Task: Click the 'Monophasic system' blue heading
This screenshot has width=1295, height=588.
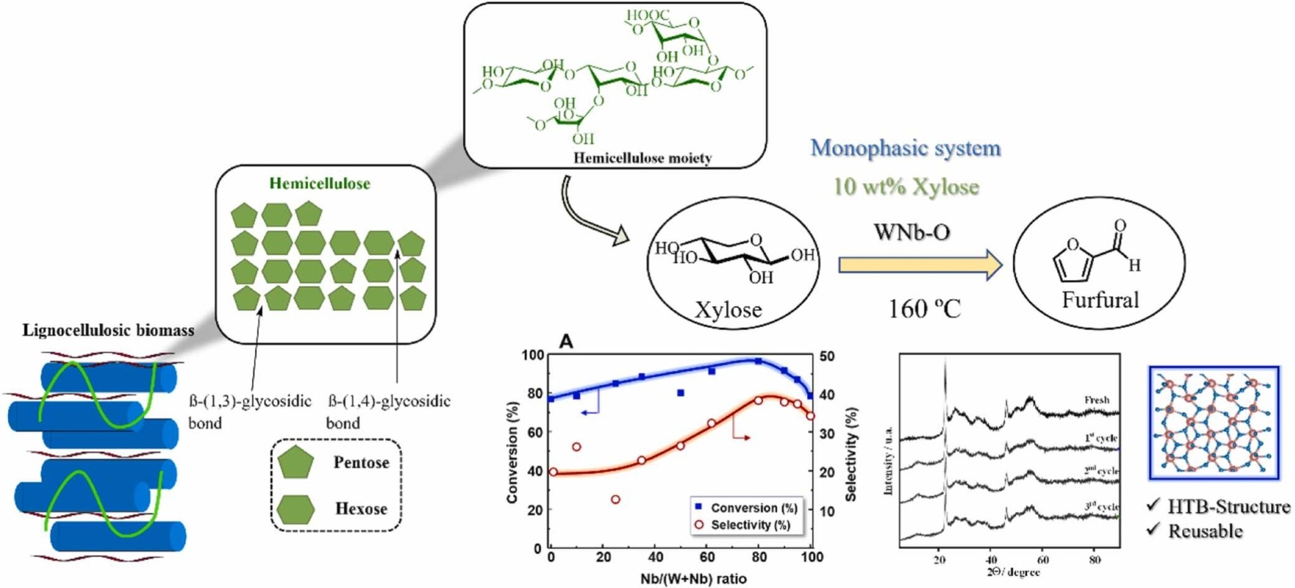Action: click(905, 147)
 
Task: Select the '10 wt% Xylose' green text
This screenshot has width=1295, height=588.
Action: click(905, 186)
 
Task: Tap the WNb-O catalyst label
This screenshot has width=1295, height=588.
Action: click(912, 232)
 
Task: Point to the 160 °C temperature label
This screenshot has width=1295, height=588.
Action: click(925, 308)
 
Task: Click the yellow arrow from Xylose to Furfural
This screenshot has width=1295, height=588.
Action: click(920, 265)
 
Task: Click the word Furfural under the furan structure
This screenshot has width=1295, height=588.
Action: click(1100, 300)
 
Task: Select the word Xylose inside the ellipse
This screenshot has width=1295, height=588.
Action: click(728, 309)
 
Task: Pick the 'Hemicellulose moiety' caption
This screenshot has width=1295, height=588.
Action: click(642, 158)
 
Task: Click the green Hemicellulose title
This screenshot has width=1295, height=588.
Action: click(319, 183)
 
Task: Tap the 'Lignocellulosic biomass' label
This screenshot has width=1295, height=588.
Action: click(108, 330)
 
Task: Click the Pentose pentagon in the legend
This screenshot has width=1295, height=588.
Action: click(296, 463)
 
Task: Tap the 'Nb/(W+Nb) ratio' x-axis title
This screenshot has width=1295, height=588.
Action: click(693, 579)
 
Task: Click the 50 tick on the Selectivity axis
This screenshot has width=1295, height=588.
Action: click(827, 356)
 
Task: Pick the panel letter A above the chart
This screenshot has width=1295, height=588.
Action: click(566, 342)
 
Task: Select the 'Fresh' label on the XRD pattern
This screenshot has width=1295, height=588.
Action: click(1097, 400)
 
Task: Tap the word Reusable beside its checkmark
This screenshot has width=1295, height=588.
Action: click(1205, 531)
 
